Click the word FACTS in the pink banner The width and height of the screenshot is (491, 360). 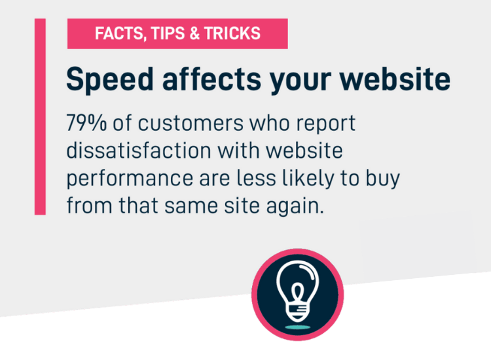tap(119, 33)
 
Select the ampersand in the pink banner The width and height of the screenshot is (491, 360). tap(194, 33)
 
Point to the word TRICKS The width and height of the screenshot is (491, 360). tap(232, 33)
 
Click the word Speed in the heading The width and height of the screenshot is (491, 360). tap(110, 80)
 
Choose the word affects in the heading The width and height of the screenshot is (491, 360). tap(211, 79)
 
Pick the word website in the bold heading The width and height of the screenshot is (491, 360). tap(395, 79)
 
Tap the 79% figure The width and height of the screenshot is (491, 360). tap(86, 122)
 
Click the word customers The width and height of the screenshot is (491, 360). tap(191, 123)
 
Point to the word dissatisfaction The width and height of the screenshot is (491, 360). tap(139, 151)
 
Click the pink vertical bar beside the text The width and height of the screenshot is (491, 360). tap(40, 117)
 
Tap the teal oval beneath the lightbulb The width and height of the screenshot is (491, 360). tap(297, 327)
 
